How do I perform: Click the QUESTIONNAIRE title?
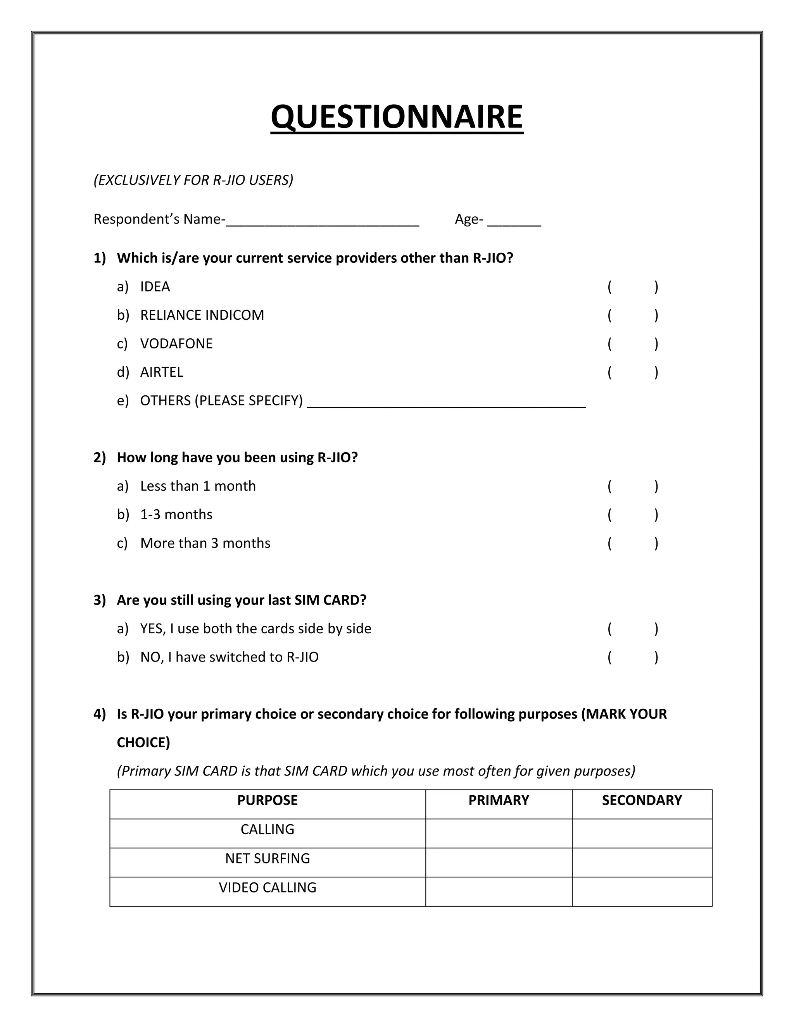pyautogui.click(x=397, y=117)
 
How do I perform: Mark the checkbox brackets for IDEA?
pyautogui.click(x=633, y=287)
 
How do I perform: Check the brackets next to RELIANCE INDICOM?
pyautogui.click(x=633, y=315)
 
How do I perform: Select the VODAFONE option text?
pyautogui.click(x=176, y=344)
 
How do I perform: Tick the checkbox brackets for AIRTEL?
pyautogui.click(x=633, y=372)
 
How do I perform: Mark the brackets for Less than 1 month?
pyautogui.click(x=633, y=486)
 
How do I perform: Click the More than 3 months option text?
pyautogui.click(x=205, y=543)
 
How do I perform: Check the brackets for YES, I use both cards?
pyautogui.click(x=633, y=629)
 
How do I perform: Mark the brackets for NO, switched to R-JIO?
pyautogui.click(x=633, y=657)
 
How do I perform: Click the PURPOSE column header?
pyautogui.click(x=267, y=800)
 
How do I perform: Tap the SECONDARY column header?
pyautogui.click(x=642, y=800)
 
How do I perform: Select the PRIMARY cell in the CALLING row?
pyautogui.click(x=499, y=833)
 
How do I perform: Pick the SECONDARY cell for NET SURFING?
pyautogui.click(x=642, y=862)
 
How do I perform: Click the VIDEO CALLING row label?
pyautogui.click(x=267, y=887)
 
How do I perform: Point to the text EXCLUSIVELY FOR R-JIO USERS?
pyautogui.click(x=193, y=180)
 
